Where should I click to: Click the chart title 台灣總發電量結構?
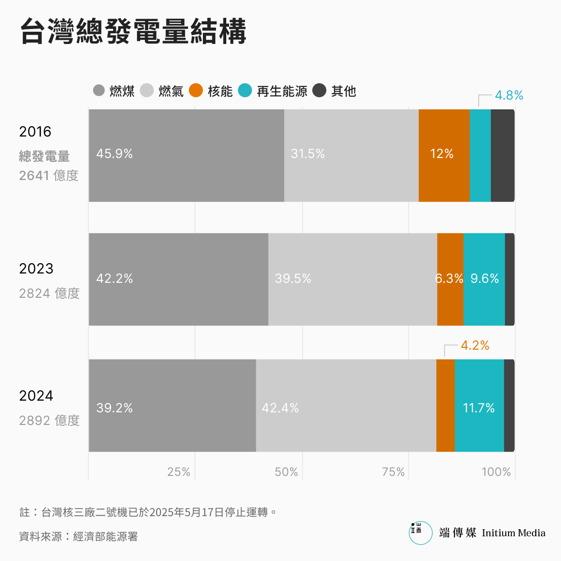[133, 32]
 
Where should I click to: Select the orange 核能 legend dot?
[196, 91]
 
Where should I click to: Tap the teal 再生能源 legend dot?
[245, 91]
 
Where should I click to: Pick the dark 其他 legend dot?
[319, 91]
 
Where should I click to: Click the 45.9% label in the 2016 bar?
[115, 154]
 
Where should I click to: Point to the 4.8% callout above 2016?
[509, 95]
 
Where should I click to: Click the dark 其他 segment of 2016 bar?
[503, 156]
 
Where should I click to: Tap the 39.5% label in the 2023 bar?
[293, 279]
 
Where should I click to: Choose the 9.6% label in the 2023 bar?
[484, 279]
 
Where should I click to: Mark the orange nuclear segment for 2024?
[446, 405]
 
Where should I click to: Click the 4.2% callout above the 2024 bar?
[475, 345]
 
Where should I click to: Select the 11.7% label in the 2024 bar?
[479, 408]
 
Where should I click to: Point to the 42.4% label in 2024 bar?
[280, 408]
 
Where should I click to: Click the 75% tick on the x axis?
[393, 472]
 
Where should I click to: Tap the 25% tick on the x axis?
[179, 472]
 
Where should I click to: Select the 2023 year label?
[36, 268]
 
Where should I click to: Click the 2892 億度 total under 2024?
[49, 420]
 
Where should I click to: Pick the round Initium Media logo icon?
[420, 533]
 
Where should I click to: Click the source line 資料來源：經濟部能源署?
[79, 536]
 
